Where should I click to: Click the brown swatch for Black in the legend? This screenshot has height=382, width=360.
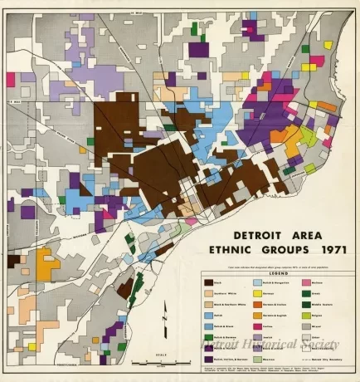(x=208, y=282)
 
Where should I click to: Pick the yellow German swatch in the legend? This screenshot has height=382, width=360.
(x=257, y=293)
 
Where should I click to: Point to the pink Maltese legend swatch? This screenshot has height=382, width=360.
(x=306, y=282)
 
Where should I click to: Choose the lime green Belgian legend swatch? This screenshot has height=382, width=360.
(x=306, y=316)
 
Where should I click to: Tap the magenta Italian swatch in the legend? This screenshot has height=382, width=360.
(x=257, y=326)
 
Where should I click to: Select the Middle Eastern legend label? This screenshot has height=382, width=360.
(x=325, y=305)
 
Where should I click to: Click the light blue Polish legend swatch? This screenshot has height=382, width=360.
(x=208, y=316)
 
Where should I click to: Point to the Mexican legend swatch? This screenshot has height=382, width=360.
(x=257, y=360)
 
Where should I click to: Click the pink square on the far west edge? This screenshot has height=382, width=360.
(x=11, y=79)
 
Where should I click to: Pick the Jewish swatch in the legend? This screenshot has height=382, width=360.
(x=257, y=337)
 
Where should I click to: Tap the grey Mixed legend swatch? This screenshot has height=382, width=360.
(x=306, y=326)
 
